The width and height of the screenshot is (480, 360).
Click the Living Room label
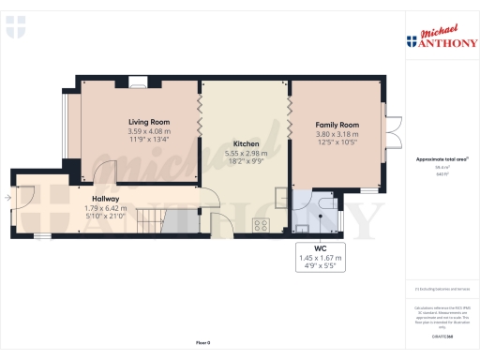148,122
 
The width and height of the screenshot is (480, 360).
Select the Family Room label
337,125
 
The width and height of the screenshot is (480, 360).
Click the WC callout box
320,257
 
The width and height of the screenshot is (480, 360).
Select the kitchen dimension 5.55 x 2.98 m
247,153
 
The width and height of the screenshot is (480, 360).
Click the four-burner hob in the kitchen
263,225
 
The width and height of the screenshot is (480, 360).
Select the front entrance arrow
8,198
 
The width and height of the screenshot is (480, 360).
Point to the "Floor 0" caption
203,344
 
